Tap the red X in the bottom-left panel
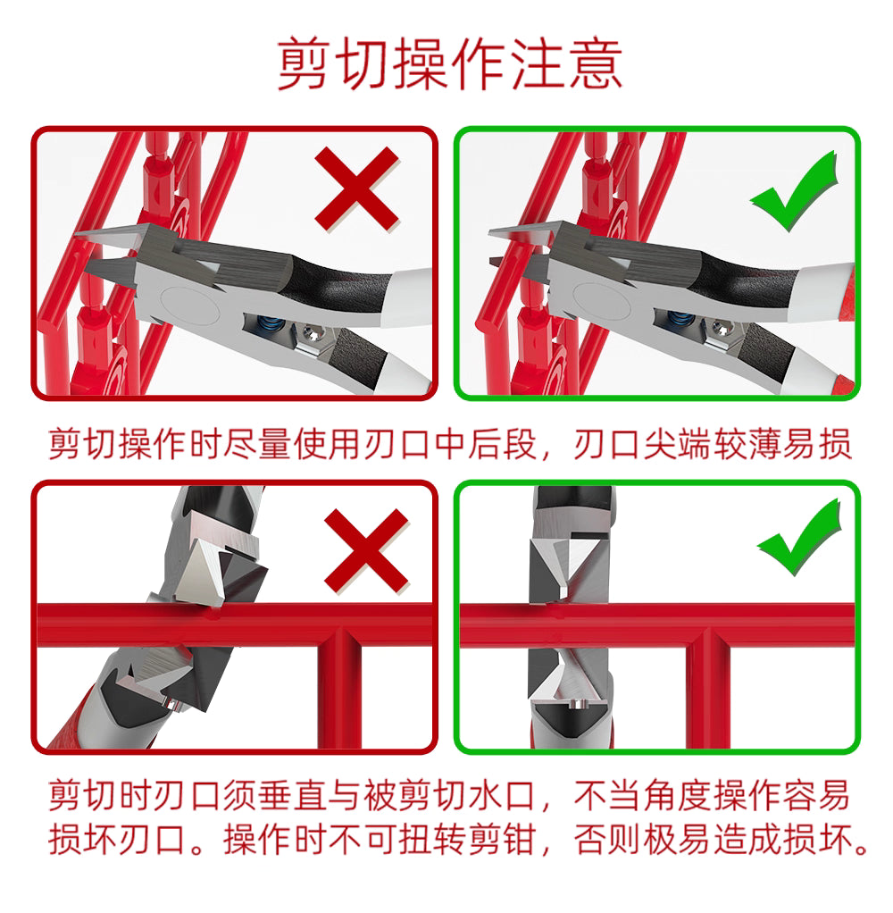pyautogui.click(x=366, y=549)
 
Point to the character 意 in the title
pyautogui.click(x=593, y=64)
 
